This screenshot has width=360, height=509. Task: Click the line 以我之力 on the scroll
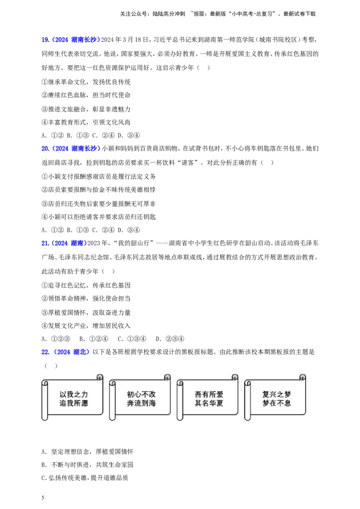[x=74, y=394]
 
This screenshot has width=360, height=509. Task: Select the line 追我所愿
[x=74, y=403]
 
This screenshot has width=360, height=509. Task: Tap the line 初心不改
[x=141, y=394]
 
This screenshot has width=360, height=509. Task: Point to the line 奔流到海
[x=141, y=403]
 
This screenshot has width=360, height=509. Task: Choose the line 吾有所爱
[x=209, y=394]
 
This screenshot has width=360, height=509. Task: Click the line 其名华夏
[x=209, y=403]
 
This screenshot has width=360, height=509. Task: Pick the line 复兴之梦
[x=277, y=394]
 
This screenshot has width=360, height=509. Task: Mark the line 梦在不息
[x=277, y=403]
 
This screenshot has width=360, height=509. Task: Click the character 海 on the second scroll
[x=152, y=403]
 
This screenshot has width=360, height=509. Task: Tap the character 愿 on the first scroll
[x=85, y=403]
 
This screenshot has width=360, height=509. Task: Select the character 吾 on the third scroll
[x=198, y=394]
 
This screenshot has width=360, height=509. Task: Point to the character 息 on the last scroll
[x=288, y=403]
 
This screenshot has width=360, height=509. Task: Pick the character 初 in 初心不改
[x=130, y=394]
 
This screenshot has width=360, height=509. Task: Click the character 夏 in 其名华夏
[x=220, y=403]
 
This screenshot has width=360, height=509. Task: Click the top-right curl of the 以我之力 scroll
[x=100, y=377]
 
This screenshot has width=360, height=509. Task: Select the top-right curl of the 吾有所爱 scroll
[x=234, y=377]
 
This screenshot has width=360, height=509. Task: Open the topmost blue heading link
[x=70, y=40]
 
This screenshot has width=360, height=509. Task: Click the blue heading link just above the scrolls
[x=65, y=352]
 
